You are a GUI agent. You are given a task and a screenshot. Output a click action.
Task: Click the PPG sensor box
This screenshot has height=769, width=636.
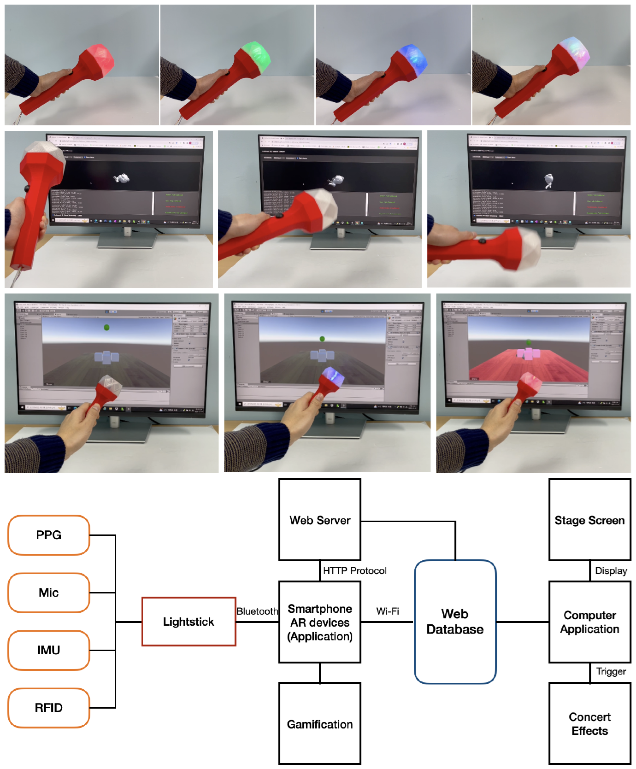[49, 535]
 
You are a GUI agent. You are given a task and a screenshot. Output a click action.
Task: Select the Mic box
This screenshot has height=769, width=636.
[49, 593]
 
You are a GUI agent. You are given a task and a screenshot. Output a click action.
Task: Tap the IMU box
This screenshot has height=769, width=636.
[49, 650]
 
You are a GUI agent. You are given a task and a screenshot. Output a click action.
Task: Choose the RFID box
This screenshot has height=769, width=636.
[49, 708]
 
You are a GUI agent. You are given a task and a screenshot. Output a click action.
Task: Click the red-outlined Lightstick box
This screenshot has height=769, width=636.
[188, 622]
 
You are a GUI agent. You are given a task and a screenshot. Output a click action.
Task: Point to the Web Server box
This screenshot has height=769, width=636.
[320, 520]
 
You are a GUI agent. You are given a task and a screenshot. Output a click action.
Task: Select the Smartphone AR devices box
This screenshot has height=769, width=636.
[320, 622]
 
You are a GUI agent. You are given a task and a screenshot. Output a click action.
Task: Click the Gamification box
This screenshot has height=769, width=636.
[320, 724]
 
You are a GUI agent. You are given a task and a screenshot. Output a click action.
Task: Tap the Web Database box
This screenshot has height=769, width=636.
[455, 622]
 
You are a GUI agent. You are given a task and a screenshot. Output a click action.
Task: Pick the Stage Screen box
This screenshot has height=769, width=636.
[589, 520]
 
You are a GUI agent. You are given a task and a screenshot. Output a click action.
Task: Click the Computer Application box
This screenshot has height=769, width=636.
[589, 622]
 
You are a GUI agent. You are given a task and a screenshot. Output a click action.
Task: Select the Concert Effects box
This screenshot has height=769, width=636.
[589, 724]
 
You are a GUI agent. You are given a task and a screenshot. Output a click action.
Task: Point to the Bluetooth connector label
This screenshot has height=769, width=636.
[257, 611]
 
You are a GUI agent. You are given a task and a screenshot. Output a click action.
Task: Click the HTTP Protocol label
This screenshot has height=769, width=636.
[354, 571]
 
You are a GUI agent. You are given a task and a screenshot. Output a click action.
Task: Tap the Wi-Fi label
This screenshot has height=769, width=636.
[388, 611]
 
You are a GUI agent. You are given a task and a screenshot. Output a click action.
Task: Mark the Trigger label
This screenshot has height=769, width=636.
[611, 671]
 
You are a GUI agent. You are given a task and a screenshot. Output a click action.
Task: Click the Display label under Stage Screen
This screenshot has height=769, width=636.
[611, 571]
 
